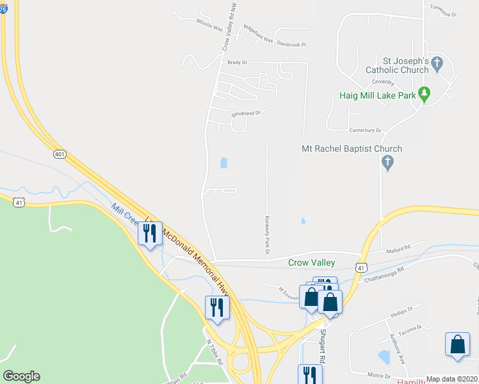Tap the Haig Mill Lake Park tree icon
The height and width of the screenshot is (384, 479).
423,95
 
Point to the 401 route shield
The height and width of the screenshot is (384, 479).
60,154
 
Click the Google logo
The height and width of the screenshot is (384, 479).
21,376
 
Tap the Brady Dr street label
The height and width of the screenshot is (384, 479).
238,63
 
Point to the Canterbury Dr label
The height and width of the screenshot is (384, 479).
365,131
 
